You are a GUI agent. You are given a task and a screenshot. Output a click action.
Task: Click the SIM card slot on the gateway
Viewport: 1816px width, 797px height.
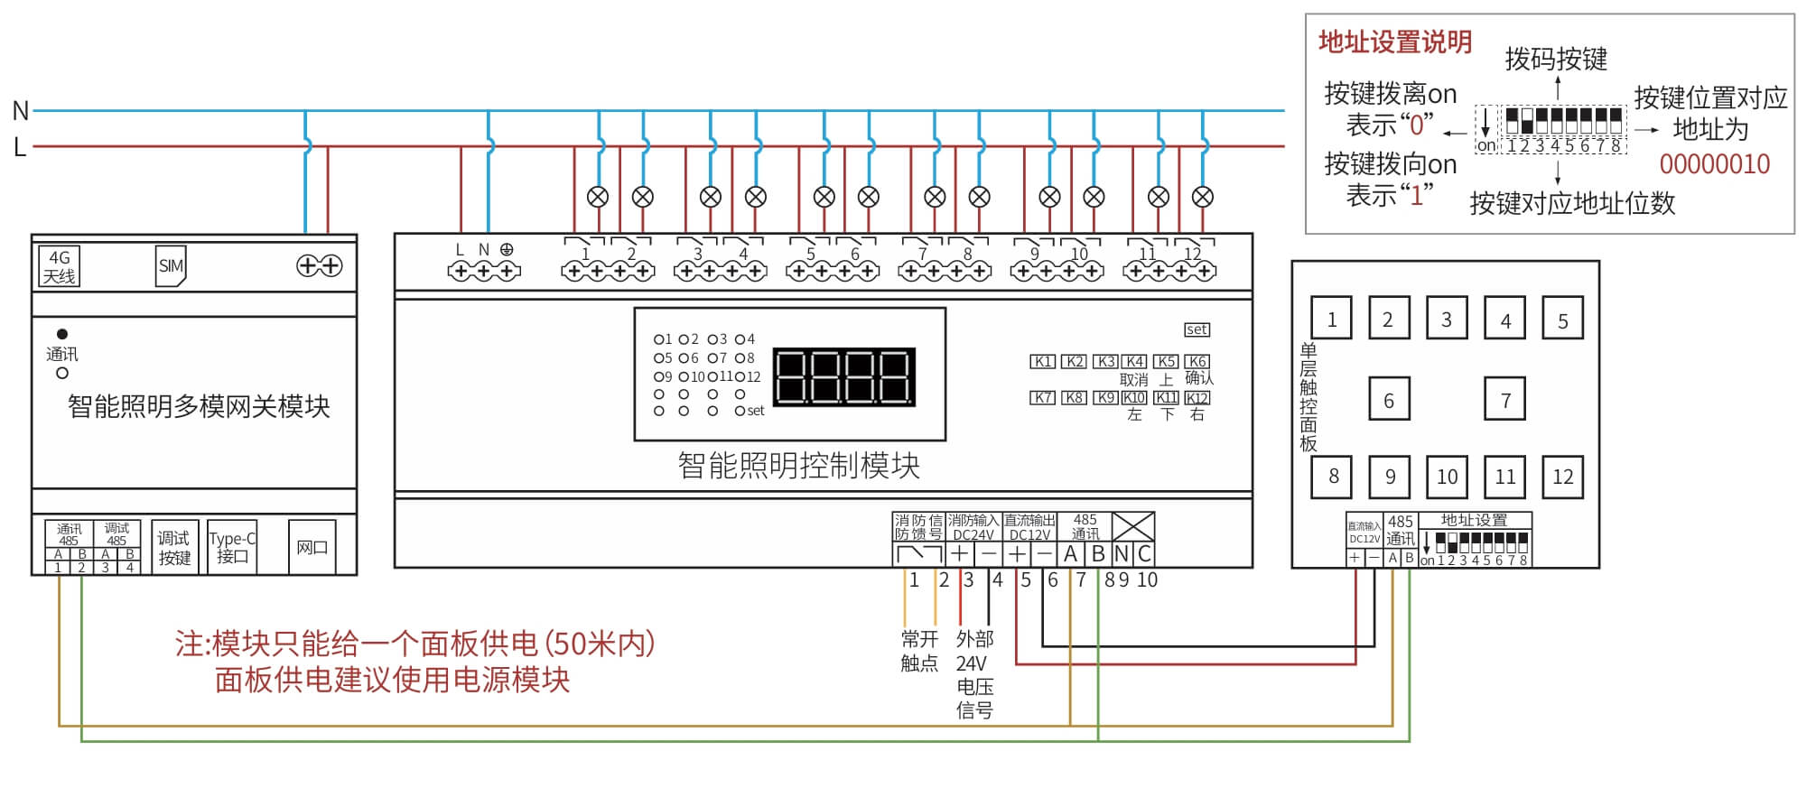pos(170,265)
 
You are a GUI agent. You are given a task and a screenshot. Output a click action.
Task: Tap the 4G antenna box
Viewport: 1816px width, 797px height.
pos(60,266)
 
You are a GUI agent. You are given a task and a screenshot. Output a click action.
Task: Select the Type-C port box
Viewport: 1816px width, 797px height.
pos(232,547)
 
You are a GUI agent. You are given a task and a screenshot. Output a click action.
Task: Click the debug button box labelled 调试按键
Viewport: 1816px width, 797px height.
pos(174,547)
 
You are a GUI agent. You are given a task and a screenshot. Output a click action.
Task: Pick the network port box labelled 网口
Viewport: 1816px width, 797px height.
pos(312,547)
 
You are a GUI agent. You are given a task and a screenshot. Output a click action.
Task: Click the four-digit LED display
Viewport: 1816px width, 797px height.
pos(844,376)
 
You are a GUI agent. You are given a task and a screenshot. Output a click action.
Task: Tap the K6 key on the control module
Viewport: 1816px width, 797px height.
pos(1197,361)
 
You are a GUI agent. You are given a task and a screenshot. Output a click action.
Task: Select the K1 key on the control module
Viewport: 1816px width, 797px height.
pos(1043,361)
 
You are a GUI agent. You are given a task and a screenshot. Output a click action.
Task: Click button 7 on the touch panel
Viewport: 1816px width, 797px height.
pos(1505,400)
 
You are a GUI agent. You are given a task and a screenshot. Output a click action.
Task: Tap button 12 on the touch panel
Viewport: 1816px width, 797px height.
pos(1563,477)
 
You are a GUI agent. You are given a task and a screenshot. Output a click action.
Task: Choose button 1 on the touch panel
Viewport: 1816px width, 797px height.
pos(1332,320)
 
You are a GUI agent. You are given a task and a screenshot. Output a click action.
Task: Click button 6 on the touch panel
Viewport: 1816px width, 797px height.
pos(1389,400)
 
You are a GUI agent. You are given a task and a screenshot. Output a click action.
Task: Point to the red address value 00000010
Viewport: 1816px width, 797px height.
pos(1714,164)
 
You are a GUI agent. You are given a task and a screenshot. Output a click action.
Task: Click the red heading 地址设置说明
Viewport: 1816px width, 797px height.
pos(1395,42)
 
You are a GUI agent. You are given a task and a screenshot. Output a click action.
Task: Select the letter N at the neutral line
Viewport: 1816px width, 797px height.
pos(20,111)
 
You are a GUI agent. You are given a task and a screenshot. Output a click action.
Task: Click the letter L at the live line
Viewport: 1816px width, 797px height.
pos(20,146)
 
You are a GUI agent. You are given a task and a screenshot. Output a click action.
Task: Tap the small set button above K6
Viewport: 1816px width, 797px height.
pos(1197,329)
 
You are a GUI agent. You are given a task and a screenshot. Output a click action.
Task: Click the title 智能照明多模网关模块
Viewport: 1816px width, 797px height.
pos(199,406)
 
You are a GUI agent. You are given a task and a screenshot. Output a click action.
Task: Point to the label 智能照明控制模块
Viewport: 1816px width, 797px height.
pos(798,465)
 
